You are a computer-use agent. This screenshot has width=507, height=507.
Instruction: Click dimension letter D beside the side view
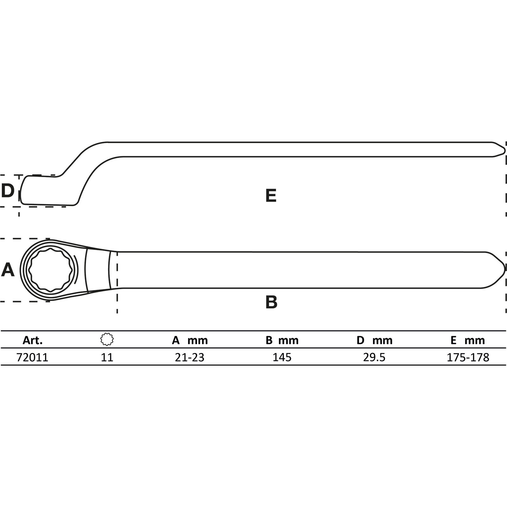tap(8, 191)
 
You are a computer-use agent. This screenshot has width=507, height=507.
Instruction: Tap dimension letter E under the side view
tap(271, 195)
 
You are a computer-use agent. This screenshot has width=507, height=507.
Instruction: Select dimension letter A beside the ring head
tap(8, 270)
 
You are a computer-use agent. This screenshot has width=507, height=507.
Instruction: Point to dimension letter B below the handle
tap(271, 302)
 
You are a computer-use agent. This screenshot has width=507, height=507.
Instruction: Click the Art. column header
tap(33, 340)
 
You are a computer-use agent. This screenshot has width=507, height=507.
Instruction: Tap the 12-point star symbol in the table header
tap(107, 340)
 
